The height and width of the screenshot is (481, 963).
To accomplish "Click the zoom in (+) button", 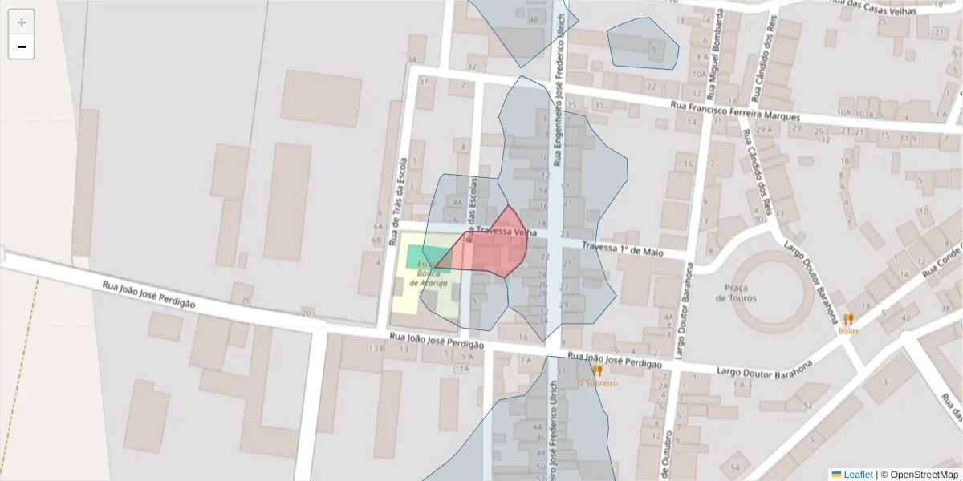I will (x=22, y=22).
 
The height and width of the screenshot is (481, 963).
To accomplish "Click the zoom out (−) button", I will (x=22, y=46).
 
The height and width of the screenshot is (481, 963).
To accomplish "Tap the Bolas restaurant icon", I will (x=848, y=319).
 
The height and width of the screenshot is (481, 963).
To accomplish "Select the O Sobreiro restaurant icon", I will (x=597, y=370).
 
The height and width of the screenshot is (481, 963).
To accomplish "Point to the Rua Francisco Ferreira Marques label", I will (x=736, y=111).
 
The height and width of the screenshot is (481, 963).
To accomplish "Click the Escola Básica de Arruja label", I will (x=425, y=273).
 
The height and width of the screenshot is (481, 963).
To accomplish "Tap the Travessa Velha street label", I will (x=506, y=232).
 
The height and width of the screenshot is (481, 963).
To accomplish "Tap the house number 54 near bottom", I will (x=734, y=467).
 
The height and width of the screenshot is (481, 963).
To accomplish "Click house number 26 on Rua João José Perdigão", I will (x=246, y=300).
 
